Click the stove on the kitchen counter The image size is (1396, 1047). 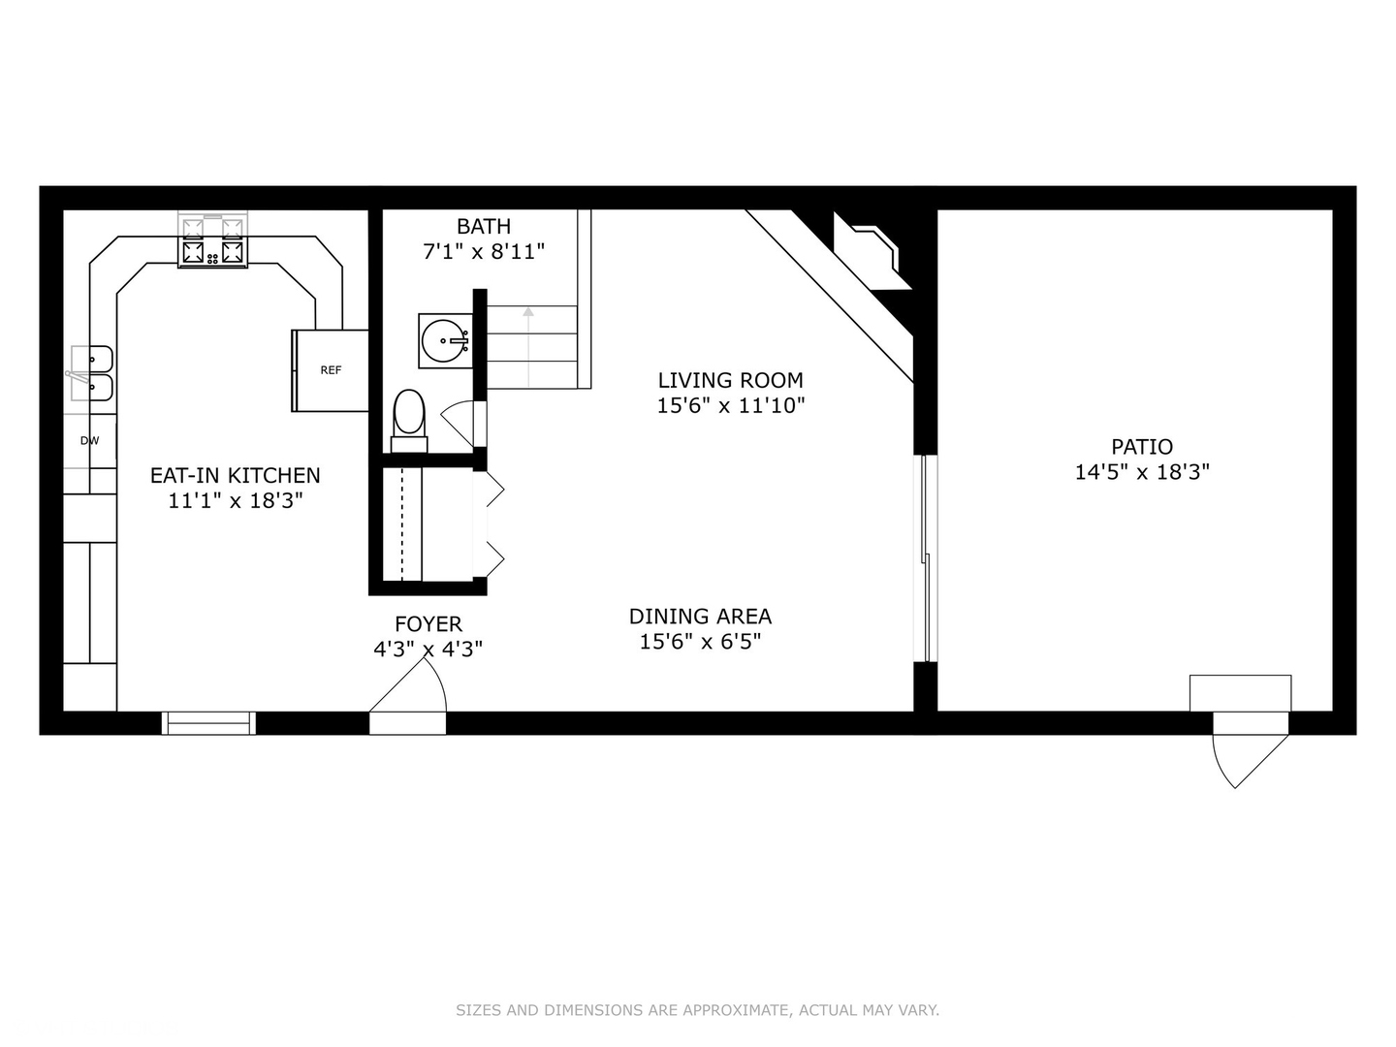(211, 241)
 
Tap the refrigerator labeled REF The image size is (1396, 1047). (331, 370)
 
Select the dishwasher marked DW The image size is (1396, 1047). (90, 441)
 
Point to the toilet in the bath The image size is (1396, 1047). (409, 417)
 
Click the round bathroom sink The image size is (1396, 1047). (446, 340)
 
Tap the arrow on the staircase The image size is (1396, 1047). (528, 313)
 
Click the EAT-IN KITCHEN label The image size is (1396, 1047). (235, 475)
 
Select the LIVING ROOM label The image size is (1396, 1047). (730, 380)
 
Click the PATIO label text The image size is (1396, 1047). (1142, 447)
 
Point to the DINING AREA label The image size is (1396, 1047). (700, 616)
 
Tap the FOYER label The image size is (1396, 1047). (428, 623)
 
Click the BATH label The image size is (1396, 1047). (483, 226)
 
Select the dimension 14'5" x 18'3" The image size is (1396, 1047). (1142, 472)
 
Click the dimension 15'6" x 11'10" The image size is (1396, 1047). (730, 405)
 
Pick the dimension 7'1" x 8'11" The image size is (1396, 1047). (483, 251)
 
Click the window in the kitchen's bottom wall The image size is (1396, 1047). (208, 722)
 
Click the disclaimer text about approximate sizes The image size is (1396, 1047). (697, 1010)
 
